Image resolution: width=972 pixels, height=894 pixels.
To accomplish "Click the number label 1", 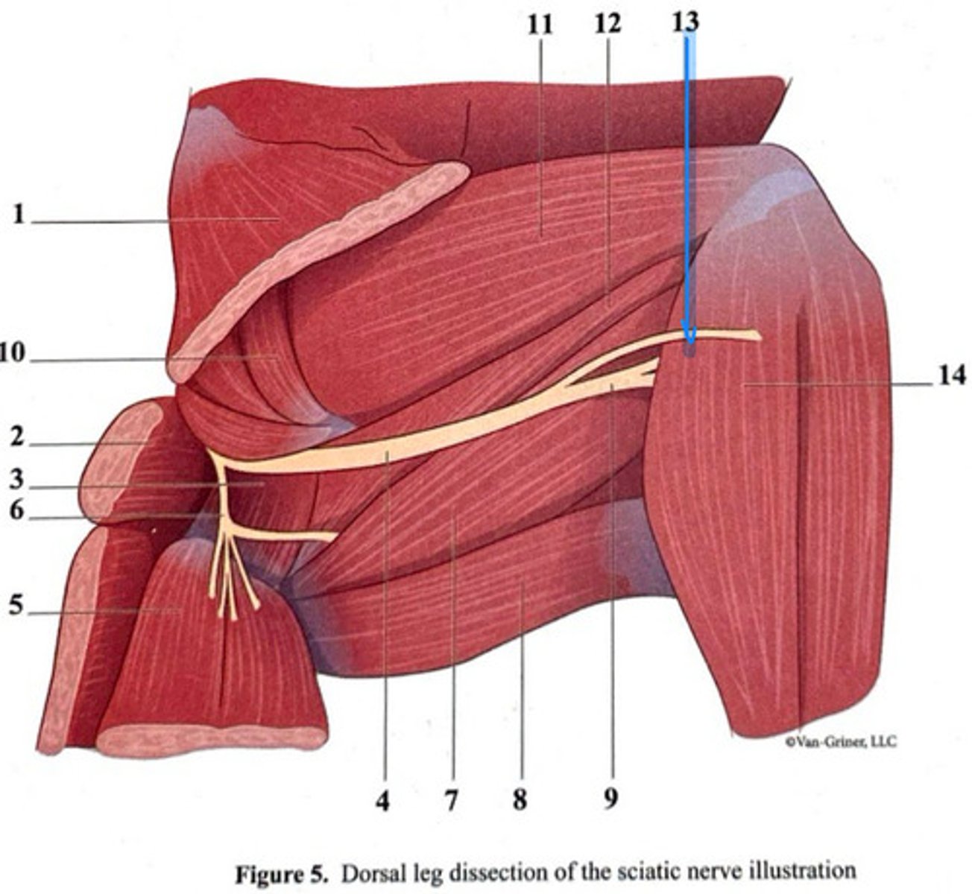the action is (x=19, y=216).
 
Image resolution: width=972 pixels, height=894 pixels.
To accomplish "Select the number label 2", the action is (x=17, y=439).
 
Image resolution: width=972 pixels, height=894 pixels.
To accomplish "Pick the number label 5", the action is (x=17, y=607).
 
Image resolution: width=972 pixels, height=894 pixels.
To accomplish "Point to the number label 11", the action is (x=540, y=24).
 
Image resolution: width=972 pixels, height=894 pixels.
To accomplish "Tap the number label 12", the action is (x=607, y=24).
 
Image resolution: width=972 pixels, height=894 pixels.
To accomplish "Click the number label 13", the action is (x=685, y=21).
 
